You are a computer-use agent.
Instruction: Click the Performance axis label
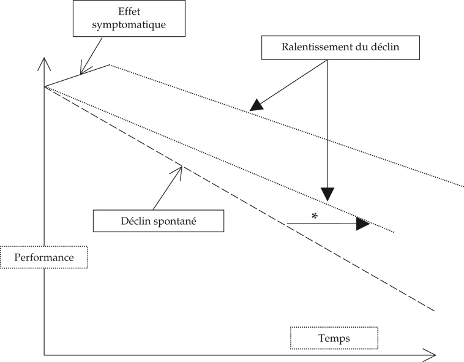[x=44, y=257]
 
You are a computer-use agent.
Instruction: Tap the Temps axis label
[x=334, y=337]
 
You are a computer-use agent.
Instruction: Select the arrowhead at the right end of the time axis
[x=431, y=354]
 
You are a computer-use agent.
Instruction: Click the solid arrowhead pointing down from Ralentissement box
[x=327, y=194]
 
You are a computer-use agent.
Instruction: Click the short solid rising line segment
[x=77, y=75]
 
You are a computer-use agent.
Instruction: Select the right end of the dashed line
[x=433, y=311]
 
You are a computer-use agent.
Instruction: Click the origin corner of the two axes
[x=44, y=354]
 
